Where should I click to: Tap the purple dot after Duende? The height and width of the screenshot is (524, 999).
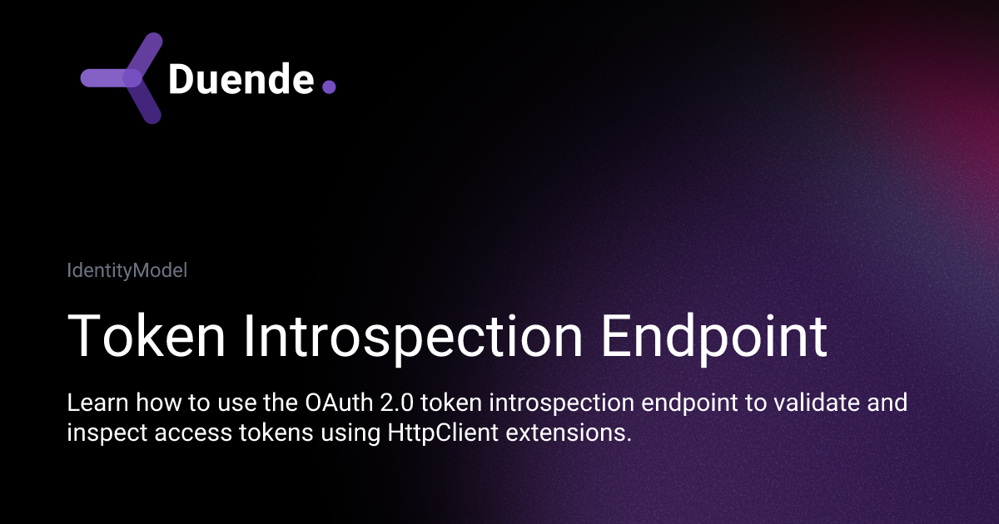point(329,87)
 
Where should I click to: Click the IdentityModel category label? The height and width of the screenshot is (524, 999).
point(127,270)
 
